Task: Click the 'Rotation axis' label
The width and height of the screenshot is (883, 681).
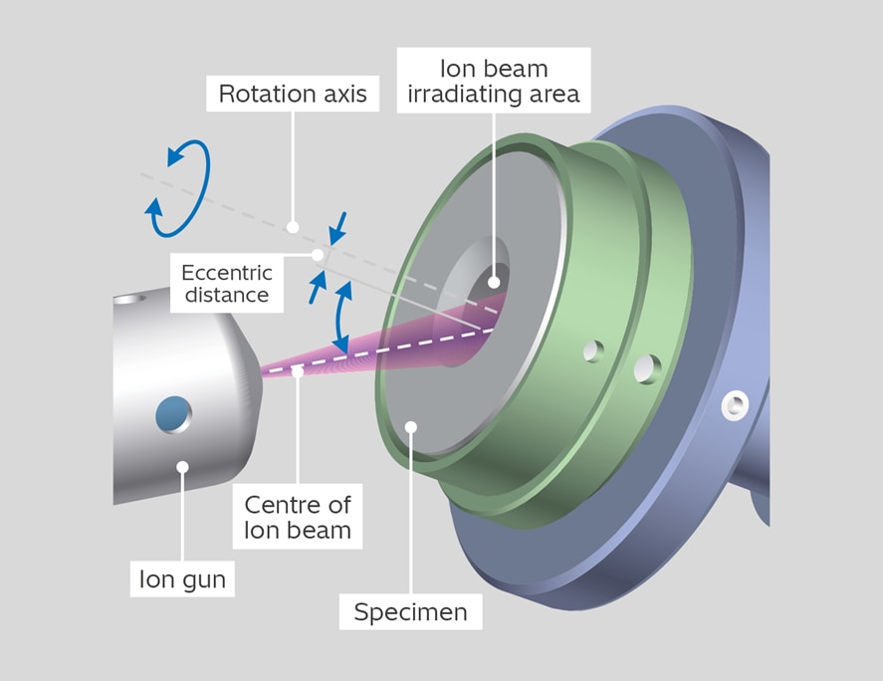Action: pyautogui.click(x=292, y=96)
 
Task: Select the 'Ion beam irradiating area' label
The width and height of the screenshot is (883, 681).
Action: pyautogui.click(x=496, y=84)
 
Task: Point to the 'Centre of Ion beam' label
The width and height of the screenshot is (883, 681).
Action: pyautogui.click(x=298, y=516)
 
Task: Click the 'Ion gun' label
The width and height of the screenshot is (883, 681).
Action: pyautogui.click(x=181, y=576)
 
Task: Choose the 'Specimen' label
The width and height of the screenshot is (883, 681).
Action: pyautogui.click(x=410, y=610)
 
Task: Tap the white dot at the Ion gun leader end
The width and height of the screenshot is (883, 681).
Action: pyautogui.click(x=182, y=466)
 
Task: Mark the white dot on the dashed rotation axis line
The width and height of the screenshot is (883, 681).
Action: pyautogui.click(x=293, y=227)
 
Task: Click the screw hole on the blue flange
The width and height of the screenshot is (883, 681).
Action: pyautogui.click(x=735, y=404)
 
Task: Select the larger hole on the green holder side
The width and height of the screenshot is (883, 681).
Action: pyautogui.click(x=645, y=369)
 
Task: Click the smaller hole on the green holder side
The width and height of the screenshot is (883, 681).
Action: pyautogui.click(x=593, y=350)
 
